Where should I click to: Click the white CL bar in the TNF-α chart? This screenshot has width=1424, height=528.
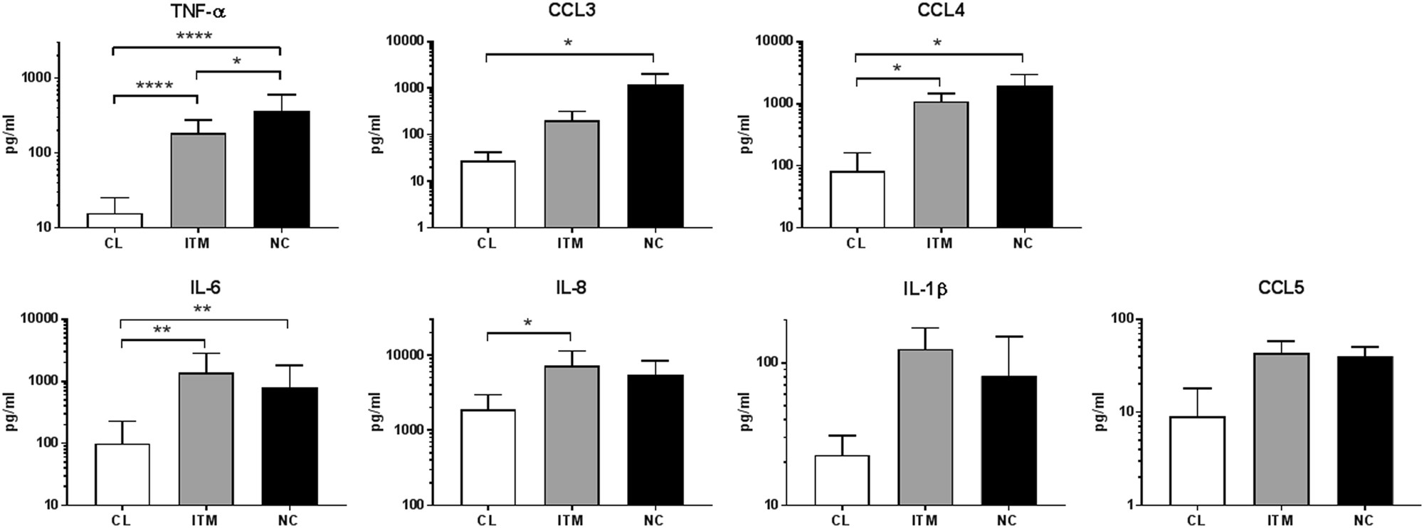[115, 221]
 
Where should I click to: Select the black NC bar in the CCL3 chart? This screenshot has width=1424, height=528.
[653, 157]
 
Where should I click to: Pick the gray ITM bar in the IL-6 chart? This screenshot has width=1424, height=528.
[206, 438]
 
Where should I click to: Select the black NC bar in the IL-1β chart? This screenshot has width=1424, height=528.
[1008, 440]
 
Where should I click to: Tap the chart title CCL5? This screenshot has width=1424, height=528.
[1280, 288]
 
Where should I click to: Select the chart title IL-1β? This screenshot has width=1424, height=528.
[924, 289]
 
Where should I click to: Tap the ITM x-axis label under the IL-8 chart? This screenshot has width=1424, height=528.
[570, 521]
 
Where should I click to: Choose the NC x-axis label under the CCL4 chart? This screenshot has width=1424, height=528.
[1023, 243]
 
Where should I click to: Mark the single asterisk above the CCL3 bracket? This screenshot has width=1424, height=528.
[568, 43]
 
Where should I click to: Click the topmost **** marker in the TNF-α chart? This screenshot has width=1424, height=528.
[194, 36]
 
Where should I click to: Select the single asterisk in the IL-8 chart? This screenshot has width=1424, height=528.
[527, 323]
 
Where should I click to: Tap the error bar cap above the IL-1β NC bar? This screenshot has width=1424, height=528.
[1008, 337]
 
